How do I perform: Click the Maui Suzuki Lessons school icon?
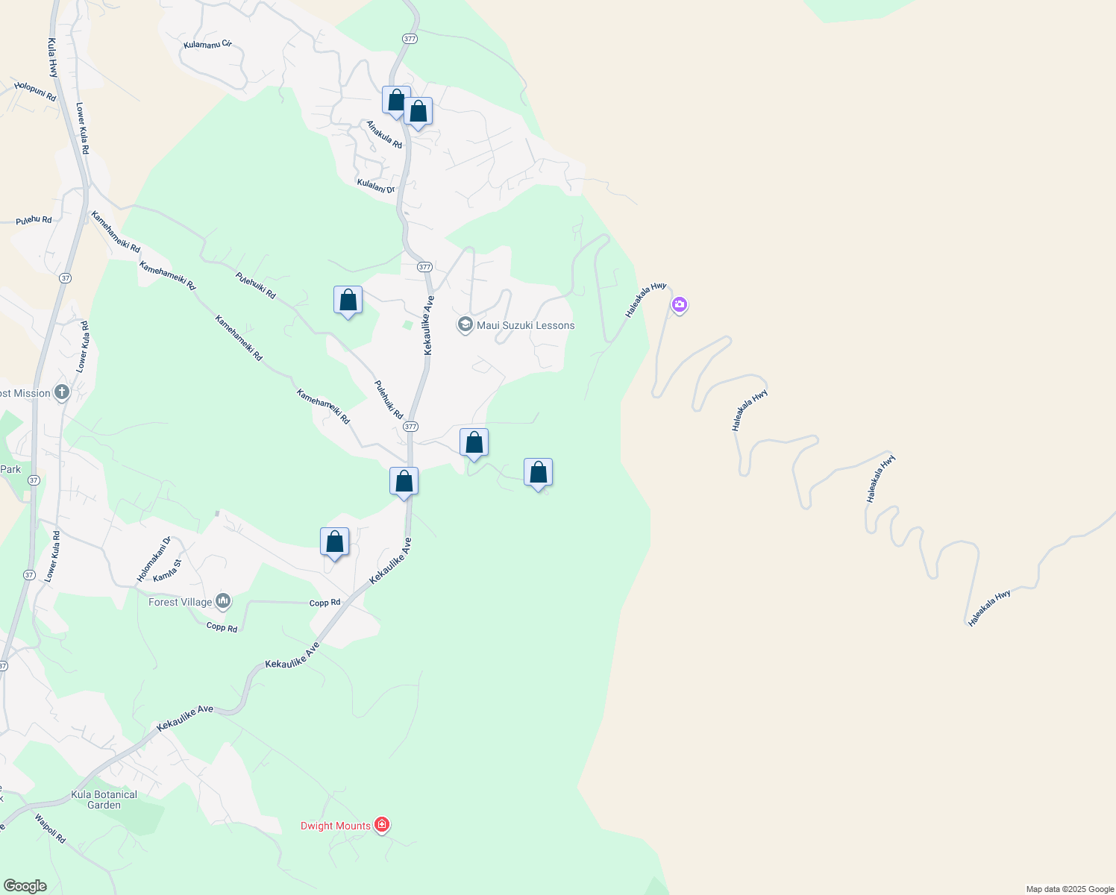click(465, 325)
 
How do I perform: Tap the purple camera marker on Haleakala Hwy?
click(679, 304)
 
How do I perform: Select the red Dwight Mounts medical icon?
click(382, 825)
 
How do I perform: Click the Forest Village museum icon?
click(222, 601)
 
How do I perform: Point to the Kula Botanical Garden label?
click(104, 800)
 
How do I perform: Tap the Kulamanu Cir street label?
click(207, 45)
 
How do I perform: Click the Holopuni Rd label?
click(35, 92)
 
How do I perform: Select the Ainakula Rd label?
click(384, 134)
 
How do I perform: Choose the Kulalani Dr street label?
click(376, 186)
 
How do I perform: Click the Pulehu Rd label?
click(34, 220)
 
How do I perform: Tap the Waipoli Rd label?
click(50, 828)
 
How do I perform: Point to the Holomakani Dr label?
click(154, 559)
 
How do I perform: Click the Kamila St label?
click(166, 572)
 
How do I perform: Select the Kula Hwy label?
click(52, 58)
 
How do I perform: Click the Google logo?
click(25, 886)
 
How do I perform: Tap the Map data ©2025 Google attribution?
click(1070, 889)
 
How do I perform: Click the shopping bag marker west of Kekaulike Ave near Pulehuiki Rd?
click(348, 301)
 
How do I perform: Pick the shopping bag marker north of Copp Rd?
click(334, 542)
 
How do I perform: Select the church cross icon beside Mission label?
click(62, 392)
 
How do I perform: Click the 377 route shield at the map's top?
click(409, 38)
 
